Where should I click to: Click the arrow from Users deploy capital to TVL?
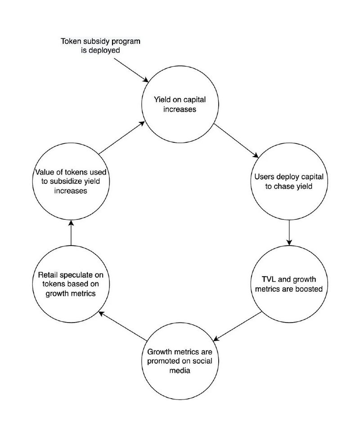pos(288,232)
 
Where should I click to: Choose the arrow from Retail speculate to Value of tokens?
pos(71,232)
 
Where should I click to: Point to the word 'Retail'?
pos(47,274)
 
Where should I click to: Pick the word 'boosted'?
pos(309,289)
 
